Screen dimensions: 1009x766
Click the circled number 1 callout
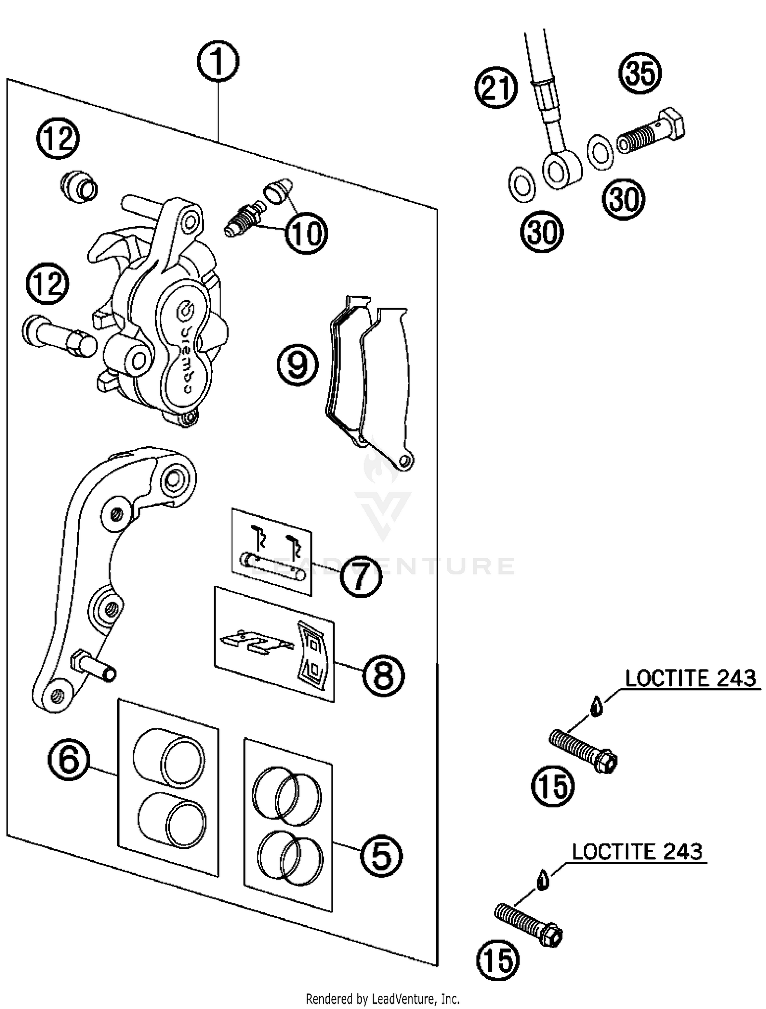coord(218,62)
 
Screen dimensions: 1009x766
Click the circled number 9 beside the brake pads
coord(298,365)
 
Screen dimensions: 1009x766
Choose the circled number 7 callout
coord(361,575)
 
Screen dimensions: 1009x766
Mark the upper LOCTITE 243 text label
coord(690,679)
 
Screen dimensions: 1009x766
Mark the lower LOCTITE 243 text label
coord(637,852)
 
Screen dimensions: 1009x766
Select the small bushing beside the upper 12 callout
coord(79,186)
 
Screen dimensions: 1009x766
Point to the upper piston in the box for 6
coord(169,757)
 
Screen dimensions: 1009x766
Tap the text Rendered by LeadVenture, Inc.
coord(382,998)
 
